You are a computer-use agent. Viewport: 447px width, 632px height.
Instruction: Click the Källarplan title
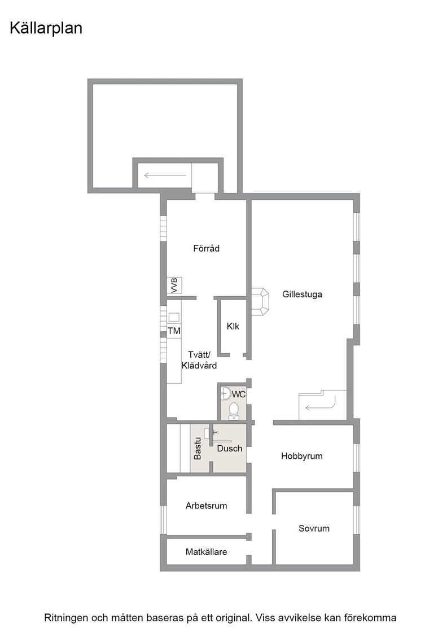click(46, 29)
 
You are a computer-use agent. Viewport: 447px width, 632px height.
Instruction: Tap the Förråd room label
click(207, 248)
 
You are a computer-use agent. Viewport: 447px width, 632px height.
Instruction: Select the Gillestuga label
click(303, 294)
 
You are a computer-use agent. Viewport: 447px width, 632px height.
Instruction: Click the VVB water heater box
click(174, 285)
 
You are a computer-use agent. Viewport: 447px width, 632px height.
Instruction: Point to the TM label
click(174, 331)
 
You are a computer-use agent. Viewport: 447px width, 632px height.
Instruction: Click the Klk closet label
click(233, 326)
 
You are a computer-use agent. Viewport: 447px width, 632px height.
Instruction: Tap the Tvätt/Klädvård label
click(199, 360)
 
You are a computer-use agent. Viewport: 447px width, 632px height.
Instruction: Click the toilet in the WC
click(233, 411)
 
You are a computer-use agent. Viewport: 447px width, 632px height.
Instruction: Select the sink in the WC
click(226, 393)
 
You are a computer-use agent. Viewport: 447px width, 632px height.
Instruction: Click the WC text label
click(239, 394)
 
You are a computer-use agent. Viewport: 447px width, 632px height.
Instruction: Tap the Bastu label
click(198, 449)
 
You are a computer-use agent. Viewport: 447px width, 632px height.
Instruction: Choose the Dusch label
click(230, 448)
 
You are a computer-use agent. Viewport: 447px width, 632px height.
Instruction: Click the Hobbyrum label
click(302, 457)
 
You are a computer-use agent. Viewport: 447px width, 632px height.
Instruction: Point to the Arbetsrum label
click(207, 506)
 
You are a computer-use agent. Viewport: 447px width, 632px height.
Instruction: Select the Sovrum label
click(314, 528)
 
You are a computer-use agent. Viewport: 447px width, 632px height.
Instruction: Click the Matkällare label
click(207, 552)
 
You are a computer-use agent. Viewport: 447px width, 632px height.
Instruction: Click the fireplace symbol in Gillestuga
click(260, 302)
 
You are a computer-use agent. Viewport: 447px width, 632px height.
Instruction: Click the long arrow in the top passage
click(165, 175)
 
